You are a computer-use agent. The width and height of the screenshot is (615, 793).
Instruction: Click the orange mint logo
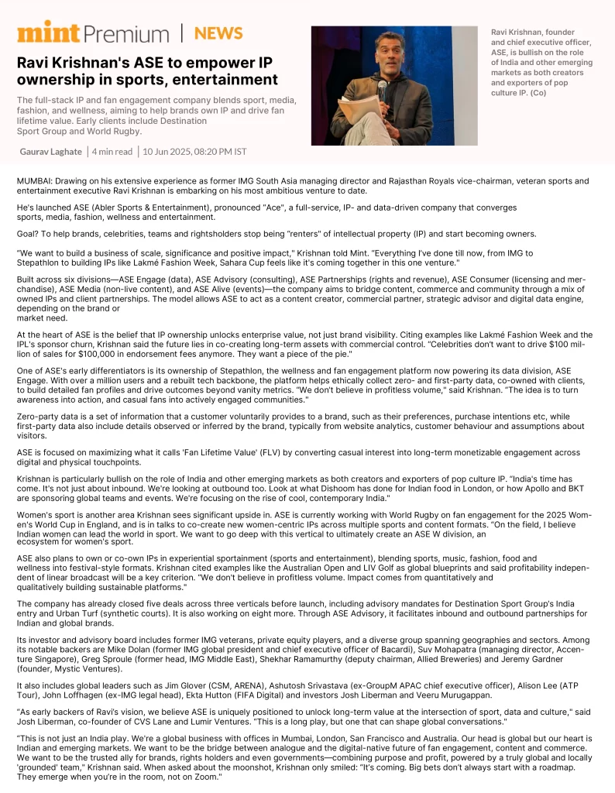47,33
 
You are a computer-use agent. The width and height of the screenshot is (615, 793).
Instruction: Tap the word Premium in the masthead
125,34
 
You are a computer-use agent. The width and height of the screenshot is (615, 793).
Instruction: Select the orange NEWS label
218,33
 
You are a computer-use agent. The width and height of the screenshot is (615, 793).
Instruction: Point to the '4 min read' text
112,151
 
